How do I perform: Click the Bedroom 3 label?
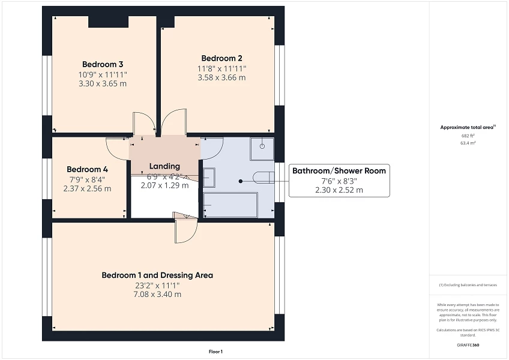point(103,64)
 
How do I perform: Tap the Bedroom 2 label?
point(221,58)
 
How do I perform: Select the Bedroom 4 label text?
point(87,169)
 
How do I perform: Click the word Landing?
point(164,166)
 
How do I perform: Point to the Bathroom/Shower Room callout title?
point(339,171)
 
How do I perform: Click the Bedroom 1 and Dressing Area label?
point(157,275)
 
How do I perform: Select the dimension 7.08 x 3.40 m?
point(157,295)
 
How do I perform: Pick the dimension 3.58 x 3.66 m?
point(221,77)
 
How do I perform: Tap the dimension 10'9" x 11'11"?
point(103,74)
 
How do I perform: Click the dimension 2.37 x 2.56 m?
point(87,188)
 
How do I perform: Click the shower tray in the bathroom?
point(262,149)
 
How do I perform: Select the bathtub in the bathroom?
point(230,205)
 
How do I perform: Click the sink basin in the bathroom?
point(209,178)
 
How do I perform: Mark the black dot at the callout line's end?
point(240,181)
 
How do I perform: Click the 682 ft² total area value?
point(468,136)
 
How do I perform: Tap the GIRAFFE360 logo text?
point(468,346)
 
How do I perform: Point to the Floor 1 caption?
point(215,352)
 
